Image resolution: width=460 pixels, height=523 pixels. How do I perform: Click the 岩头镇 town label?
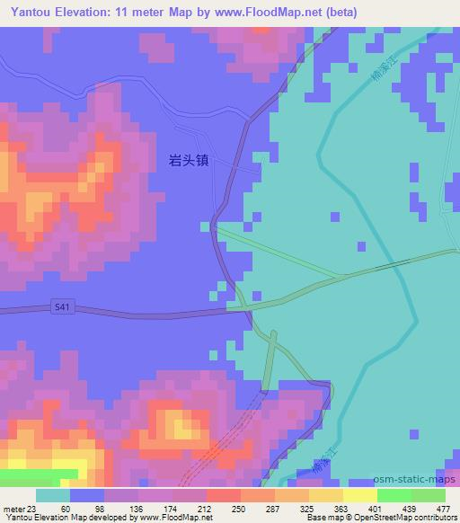(x=191, y=161)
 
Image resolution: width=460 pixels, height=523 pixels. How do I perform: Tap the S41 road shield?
(x=60, y=306)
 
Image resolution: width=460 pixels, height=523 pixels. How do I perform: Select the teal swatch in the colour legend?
(x=53, y=495)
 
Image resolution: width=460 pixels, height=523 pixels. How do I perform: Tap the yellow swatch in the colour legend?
(x=360, y=495)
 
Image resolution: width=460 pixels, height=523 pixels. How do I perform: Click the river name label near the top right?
(x=382, y=86)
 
